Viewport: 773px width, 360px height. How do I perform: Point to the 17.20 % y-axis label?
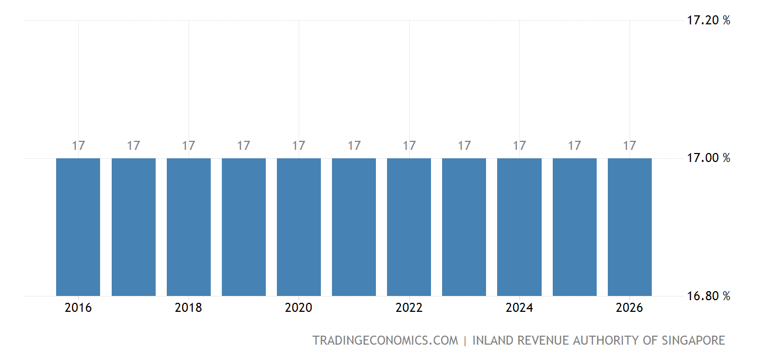point(708,21)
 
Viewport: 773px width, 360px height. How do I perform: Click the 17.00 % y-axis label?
point(708,158)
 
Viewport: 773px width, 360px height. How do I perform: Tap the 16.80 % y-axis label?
point(708,296)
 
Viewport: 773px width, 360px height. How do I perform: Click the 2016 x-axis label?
point(78,308)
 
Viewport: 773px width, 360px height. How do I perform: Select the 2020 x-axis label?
point(299,308)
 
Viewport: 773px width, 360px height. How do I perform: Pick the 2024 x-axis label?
point(519,308)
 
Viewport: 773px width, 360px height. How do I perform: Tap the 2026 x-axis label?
point(630,308)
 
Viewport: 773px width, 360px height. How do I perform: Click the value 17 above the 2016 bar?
point(78,146)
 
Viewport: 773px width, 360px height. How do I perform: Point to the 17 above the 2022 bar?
point(409,146)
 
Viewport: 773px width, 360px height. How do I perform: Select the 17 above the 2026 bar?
point(630,146)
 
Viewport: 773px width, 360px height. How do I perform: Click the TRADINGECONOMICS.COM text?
point(385,340)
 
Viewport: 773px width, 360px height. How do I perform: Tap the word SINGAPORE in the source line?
point(693,340)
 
